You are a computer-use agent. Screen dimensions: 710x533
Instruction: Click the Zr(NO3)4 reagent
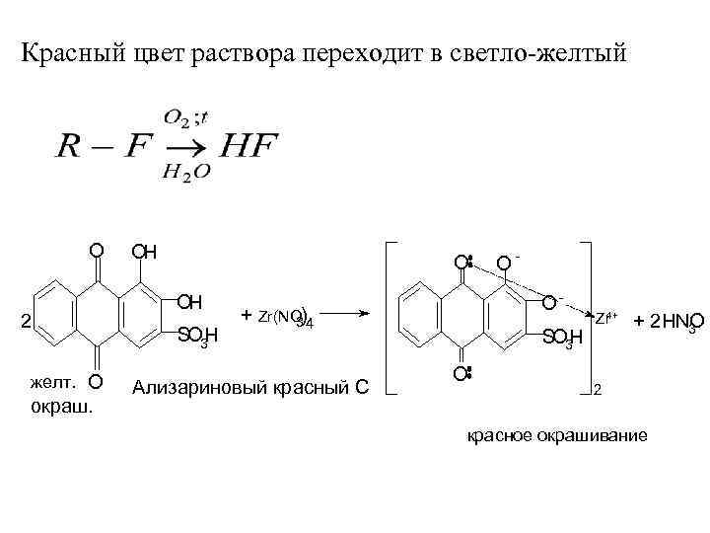284,317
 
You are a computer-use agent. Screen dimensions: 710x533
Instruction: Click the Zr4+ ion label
605,317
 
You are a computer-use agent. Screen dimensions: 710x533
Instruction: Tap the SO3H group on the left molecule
196,339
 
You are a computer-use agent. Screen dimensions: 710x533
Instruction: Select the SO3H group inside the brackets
563,339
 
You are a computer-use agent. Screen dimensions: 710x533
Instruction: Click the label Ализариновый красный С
250,386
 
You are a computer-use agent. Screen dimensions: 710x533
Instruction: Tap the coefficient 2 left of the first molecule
27,319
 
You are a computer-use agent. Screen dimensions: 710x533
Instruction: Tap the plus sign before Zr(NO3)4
246,315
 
